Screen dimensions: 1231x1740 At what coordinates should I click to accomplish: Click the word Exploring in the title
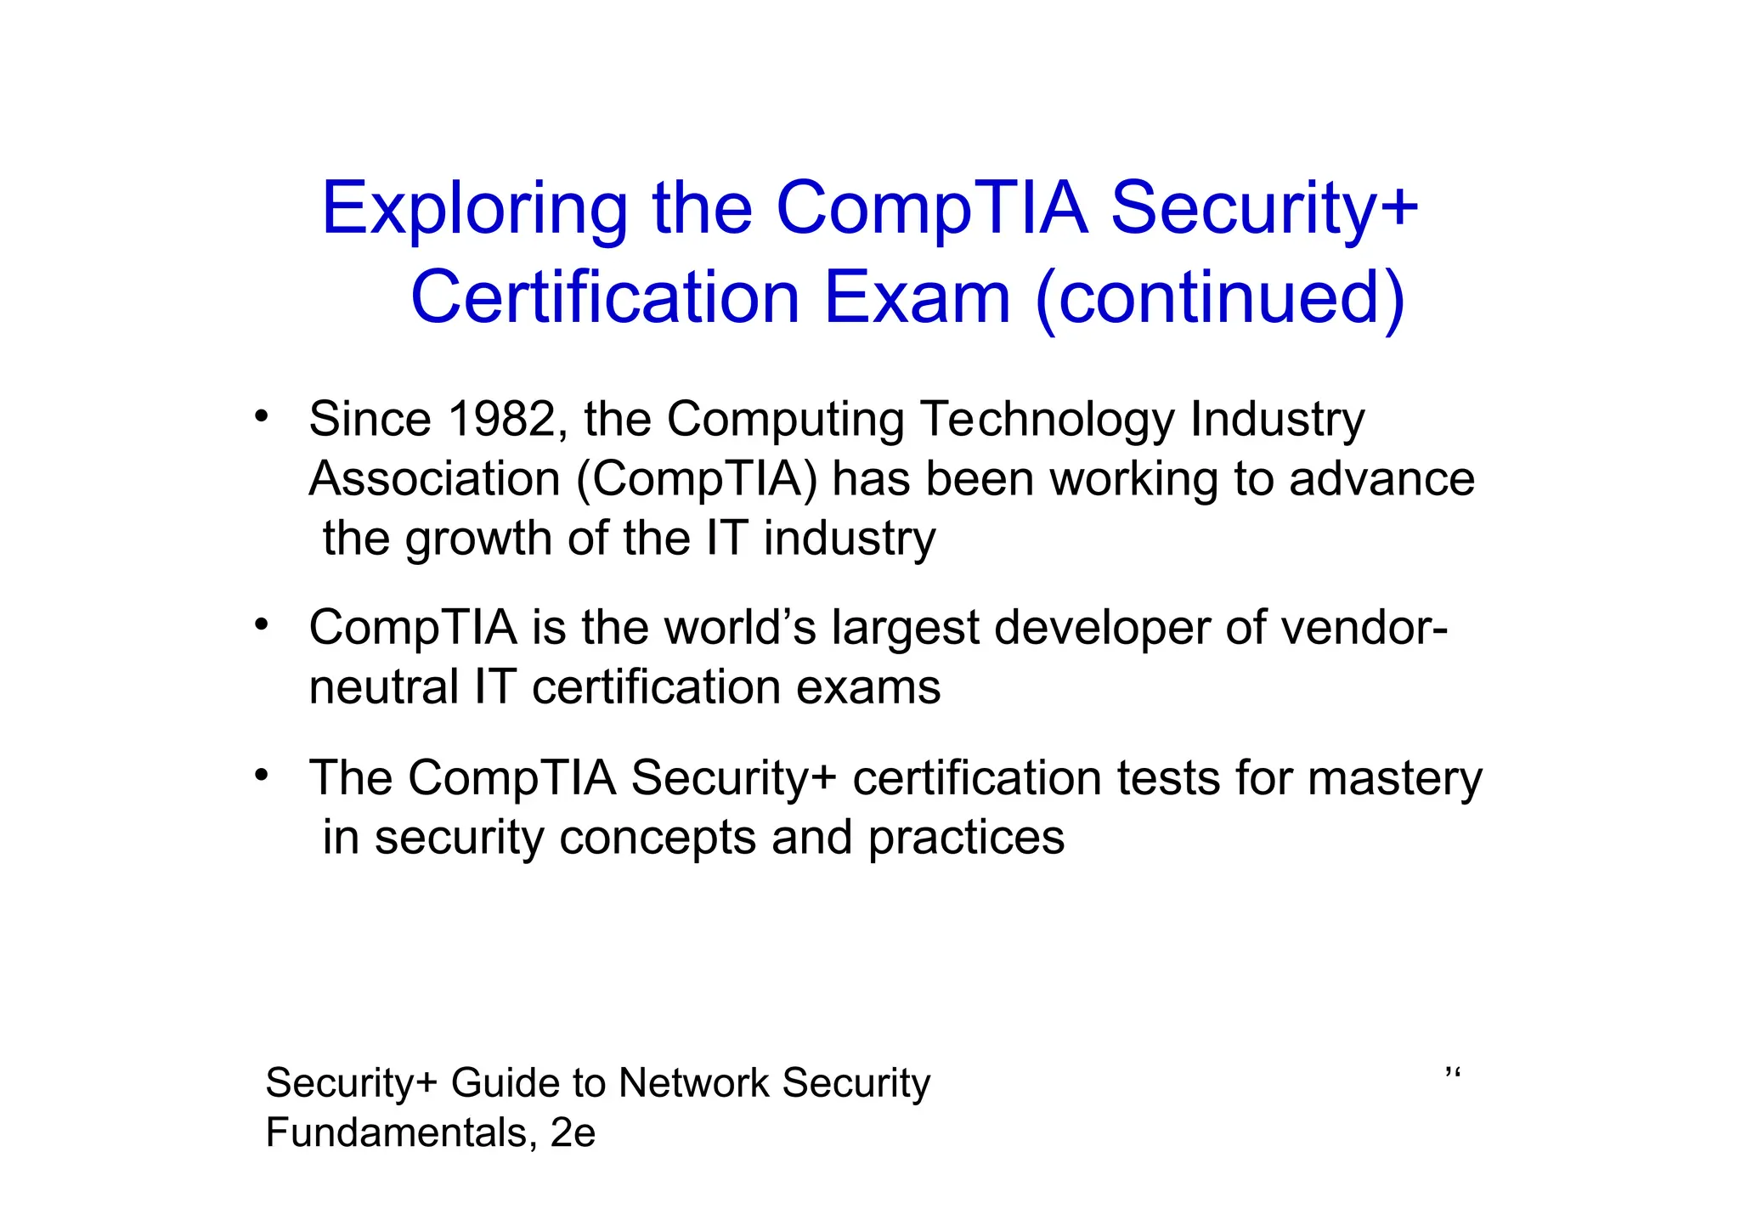474,210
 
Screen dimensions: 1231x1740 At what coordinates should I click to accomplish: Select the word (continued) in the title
1220,297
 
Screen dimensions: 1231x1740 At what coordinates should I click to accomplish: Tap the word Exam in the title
917,297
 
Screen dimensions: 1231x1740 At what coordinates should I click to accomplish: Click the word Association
434,479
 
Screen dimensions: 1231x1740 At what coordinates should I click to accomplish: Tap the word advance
1381,479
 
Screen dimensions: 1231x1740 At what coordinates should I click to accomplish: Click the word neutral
383,687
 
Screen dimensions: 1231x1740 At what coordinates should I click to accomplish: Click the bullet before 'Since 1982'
262,416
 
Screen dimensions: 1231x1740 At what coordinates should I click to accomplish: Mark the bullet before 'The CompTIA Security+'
262,774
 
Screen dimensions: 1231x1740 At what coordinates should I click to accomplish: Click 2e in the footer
573,1133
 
